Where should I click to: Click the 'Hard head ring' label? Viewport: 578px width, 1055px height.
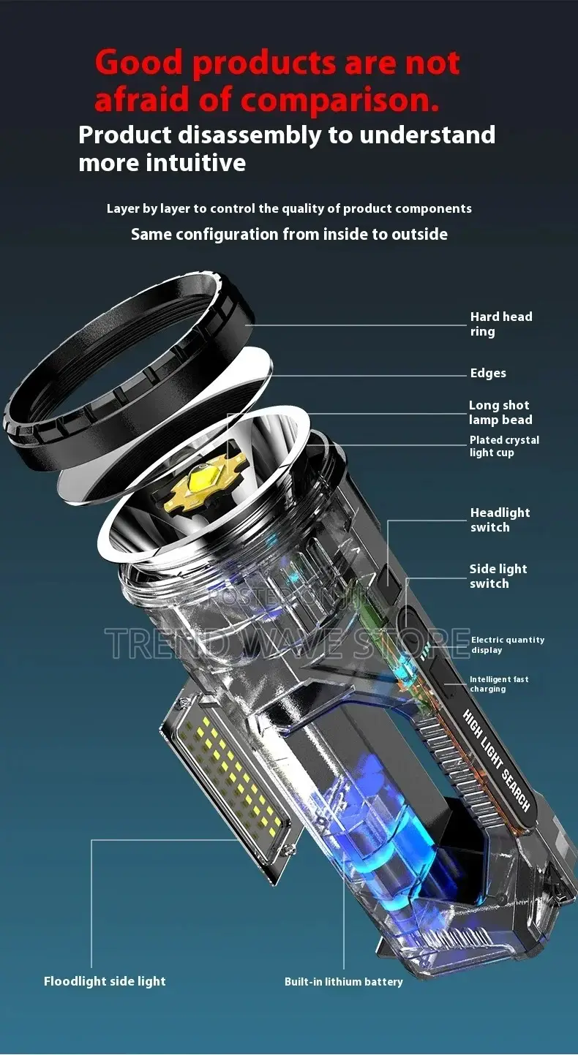tap(500, 324)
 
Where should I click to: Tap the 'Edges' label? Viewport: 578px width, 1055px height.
tap(488, 373)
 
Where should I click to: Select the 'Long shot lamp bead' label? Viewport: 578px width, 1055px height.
tap(500, 412)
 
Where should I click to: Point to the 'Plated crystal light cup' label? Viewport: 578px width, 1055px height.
tap(504, 446)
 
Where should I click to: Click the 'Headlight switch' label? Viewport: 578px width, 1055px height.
tap(500, 520)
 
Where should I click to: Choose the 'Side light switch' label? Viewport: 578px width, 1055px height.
tap(498, 576)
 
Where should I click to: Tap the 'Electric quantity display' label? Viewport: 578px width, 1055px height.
tap(507, 645)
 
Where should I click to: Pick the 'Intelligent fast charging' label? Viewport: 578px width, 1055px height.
tap(498, 684)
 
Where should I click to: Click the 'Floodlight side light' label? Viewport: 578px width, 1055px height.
tap(105, 981)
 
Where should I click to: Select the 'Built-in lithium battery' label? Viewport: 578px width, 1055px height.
tap(343, 982)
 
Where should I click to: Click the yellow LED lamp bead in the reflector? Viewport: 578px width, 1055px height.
tap(199, 483)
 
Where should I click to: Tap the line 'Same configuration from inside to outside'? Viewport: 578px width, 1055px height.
tap(289, 234)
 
